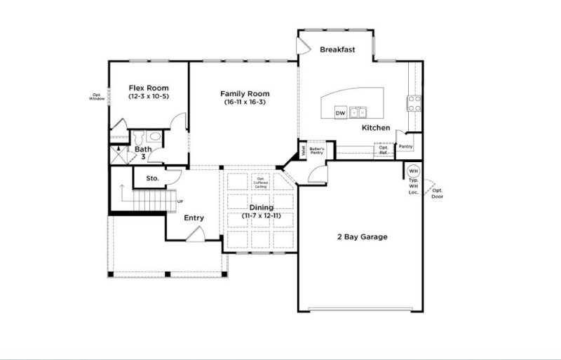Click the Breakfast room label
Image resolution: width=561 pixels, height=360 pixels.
pos(338,50)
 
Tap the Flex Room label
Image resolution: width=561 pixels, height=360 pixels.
pos(148,88)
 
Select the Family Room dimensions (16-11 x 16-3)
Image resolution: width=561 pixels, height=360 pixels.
pos(245,102)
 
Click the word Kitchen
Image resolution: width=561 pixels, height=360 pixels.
pos(376,128)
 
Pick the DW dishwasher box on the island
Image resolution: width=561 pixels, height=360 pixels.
pos(340,112)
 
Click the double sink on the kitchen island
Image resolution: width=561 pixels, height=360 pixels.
pos(359,112)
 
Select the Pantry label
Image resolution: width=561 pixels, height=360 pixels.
pos(405,147)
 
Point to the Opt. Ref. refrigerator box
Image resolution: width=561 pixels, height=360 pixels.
pos(383,149)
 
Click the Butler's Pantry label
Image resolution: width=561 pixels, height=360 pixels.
pos(316,150)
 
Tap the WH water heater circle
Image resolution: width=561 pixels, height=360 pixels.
pos(413,171)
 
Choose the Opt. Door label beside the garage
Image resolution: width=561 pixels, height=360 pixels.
pos(437,193)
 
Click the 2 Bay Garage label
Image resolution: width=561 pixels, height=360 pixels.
pos(362,237)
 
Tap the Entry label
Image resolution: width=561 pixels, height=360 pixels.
pos(194,218)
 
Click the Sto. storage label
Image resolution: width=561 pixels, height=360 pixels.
pos(152,179)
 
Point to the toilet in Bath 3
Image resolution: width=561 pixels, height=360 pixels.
pos(138,135)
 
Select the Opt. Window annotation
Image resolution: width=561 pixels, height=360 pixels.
pos(96,97)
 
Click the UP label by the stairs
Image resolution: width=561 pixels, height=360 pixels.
pos(180,201)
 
